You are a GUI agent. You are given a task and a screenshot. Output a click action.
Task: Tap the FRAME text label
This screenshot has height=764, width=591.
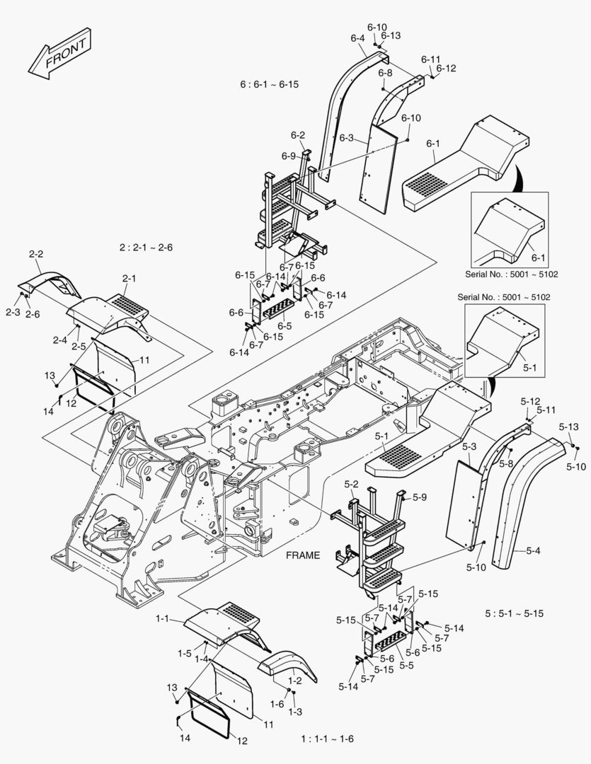pos(304,555)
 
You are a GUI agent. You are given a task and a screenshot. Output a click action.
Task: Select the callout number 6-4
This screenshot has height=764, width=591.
pos(357,38)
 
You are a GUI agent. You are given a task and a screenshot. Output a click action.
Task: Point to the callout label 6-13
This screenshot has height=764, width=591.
pos(390,35)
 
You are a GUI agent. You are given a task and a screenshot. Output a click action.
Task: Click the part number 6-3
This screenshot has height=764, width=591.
pos(346,138)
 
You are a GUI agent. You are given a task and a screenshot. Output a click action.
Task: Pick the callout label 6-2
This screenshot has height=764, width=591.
pos(297,135)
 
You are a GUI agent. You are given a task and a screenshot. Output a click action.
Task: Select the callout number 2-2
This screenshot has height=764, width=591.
pos(36,253)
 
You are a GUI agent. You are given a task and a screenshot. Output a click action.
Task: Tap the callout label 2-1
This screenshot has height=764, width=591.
pos(128,279)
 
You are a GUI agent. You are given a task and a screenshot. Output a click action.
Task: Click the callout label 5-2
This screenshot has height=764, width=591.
pos(352,485)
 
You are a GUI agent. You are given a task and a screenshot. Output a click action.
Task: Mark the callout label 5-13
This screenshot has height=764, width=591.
pos(568,427)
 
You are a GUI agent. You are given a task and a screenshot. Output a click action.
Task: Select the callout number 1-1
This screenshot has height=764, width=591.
pos(163,619)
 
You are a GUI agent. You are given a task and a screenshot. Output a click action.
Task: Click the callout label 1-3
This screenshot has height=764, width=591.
pos(295,711)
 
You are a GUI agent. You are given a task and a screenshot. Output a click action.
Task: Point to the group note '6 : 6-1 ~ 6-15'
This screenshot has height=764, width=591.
pos(269,84)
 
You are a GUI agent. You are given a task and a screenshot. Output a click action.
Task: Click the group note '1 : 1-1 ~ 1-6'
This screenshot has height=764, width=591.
pos(327,739)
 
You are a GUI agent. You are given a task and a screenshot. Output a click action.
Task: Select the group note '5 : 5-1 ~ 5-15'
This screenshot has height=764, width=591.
pos(515,613)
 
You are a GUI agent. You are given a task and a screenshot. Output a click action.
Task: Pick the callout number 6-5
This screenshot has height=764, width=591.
pos(285,326)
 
